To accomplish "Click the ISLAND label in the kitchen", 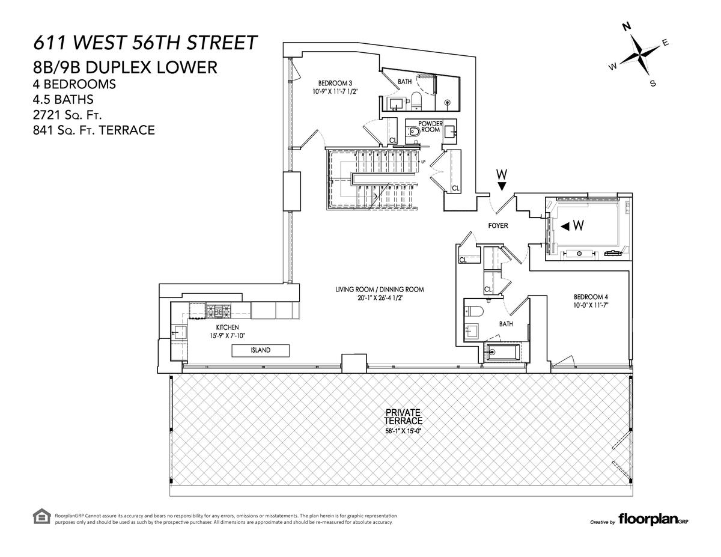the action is point(261,350).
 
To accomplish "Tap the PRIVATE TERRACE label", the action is point(403,417).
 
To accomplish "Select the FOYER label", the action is point(498,225).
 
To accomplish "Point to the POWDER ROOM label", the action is point(430,127).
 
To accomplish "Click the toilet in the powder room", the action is point(413,132).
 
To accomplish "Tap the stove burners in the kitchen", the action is point(219,311).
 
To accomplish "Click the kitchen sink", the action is point(179,332).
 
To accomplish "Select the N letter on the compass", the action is point(627,27).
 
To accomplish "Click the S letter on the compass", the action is point(653,84).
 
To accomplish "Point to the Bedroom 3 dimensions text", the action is point(335,91).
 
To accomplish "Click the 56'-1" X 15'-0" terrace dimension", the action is point(403,431).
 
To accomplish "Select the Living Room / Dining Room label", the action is point(380,290).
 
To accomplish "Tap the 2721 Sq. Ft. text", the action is point(67,115).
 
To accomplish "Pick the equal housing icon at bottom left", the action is point(41,517).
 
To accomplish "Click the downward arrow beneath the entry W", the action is point(502,186).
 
